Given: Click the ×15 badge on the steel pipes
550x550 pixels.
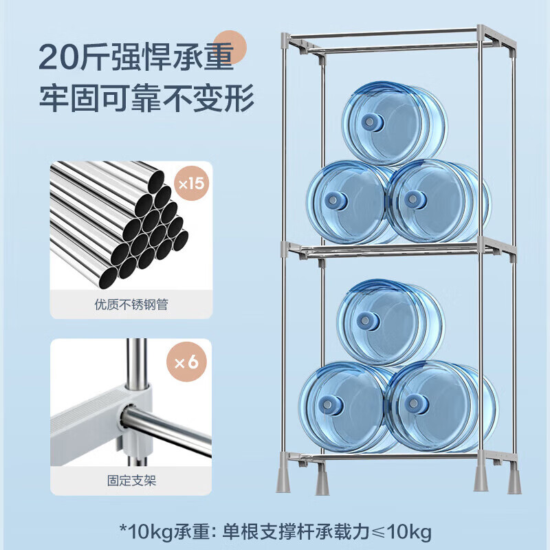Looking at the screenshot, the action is tap(191, 183).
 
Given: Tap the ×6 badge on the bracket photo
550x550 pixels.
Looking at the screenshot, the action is tap(186, 362).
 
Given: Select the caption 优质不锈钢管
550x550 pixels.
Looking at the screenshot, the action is tap(131, 305).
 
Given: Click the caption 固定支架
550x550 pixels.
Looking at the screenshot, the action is tap(131, 481).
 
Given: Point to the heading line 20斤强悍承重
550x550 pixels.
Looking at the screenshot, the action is tap(136, 57).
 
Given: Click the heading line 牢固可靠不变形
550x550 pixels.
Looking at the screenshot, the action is tap(146, 98).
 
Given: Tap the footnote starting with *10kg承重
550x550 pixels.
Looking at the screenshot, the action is tap(276, 532).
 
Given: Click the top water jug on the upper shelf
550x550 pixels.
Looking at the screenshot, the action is tap(394, 123).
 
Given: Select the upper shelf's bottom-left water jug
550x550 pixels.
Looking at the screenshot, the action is tap(349, 202).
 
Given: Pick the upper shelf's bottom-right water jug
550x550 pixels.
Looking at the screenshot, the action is tap(439, 201).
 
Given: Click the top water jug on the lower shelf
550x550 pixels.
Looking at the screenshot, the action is tap(390, 322).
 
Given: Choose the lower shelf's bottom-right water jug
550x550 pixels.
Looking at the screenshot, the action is tap(441, 406).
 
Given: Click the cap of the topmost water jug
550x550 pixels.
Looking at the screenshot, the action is tap(372, 122).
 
